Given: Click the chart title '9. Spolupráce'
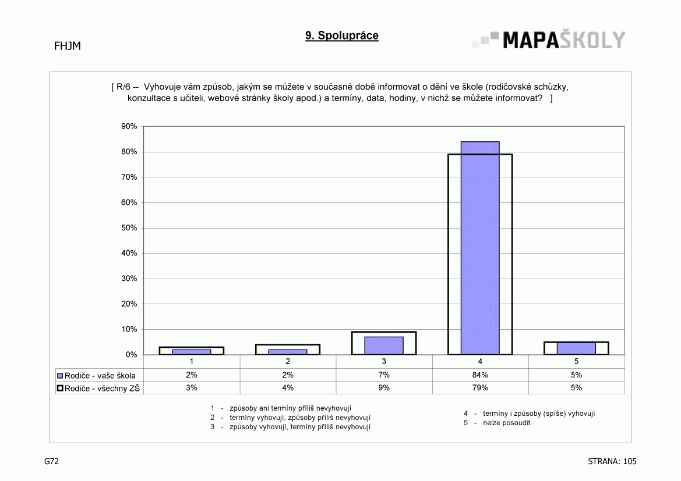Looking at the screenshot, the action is (342, 35).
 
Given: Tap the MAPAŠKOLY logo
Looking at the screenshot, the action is (549, 40).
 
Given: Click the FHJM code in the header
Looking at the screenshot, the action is (68, 46).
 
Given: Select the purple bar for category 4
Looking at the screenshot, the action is (480, 248).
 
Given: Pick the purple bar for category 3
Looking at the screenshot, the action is (384, 345).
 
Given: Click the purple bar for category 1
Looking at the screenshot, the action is (192, 352).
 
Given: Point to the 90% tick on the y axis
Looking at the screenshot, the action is (129, 126).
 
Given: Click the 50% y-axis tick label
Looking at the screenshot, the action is (129, 228).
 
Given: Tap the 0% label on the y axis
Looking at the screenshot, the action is (131, 355).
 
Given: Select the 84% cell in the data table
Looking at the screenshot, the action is (480, 375).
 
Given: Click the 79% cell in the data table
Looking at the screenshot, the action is (480, 388).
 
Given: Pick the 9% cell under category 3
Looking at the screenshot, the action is (384, 388).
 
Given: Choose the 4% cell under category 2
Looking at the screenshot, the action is (288, 388).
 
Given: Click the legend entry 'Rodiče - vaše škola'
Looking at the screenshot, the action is (97, 376).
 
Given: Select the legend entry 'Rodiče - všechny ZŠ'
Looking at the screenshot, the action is (98, 388).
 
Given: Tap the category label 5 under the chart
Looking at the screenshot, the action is (576, 361).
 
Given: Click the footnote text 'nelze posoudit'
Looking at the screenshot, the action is (506, 423).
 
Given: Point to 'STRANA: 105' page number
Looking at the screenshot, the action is (612, 461).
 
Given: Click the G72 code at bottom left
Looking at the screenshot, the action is (51, 461).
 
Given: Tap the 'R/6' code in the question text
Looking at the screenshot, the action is (123, 87).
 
